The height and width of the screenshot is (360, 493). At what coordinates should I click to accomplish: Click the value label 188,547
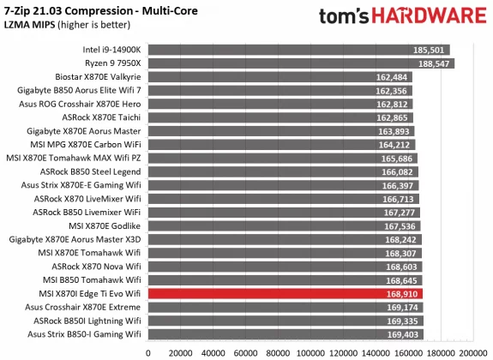click(x=434, y=63)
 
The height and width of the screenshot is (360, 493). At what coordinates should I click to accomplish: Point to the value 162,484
click(x=394, y=77)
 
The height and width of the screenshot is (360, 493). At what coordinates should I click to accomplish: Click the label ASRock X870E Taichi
click(x=102, y=117)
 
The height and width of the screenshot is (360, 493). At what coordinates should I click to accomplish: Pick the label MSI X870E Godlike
click(x=108, y=225)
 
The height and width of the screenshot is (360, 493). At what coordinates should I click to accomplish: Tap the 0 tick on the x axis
click(x=148, y=351)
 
